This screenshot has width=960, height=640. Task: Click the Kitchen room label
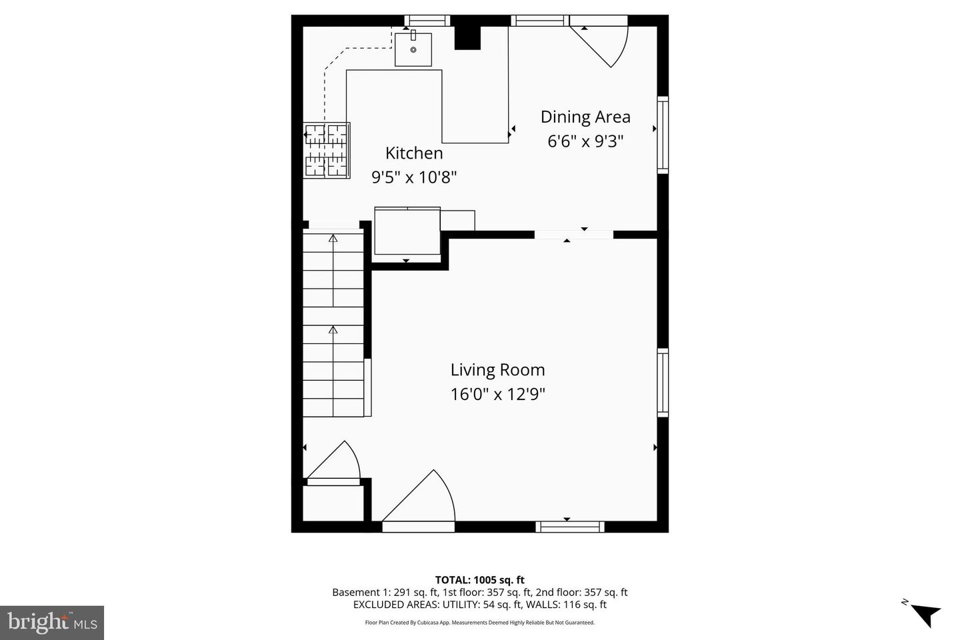click(x=413, y=153)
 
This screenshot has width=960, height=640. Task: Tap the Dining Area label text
click(x=585, y=117)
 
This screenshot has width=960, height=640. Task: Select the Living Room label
click(x=497, y=370)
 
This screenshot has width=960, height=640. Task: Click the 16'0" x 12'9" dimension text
click(x=497, y=395)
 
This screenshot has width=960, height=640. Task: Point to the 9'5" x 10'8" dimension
click(x=413, y=177)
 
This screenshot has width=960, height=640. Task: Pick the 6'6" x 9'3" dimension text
click(x=585, y=141)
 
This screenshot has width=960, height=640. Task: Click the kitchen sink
click(x=413, y=49)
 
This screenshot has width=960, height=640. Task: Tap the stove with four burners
click(x=327, y=151)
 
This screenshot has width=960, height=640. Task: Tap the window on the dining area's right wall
click(x=663, y=135)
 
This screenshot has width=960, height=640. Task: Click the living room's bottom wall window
click(x=570, y=527)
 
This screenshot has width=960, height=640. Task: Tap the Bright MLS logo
click(x=51, y=623)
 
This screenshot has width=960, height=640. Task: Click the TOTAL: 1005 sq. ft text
click(x=479, y=580)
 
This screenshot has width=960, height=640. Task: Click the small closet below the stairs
click(x=333, y=503)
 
